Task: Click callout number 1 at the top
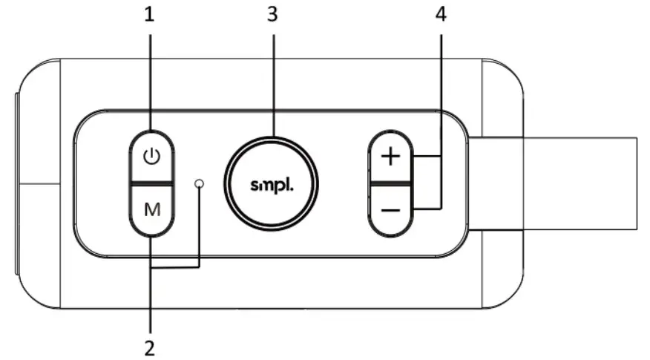151,15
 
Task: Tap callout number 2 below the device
151,345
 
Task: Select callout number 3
272,15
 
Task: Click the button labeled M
151,209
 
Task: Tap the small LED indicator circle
200,183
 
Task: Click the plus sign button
390,157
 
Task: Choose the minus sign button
390,210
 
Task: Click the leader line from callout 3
272,82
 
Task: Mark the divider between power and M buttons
151,182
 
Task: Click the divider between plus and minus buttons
390,182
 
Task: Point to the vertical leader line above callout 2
151,297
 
